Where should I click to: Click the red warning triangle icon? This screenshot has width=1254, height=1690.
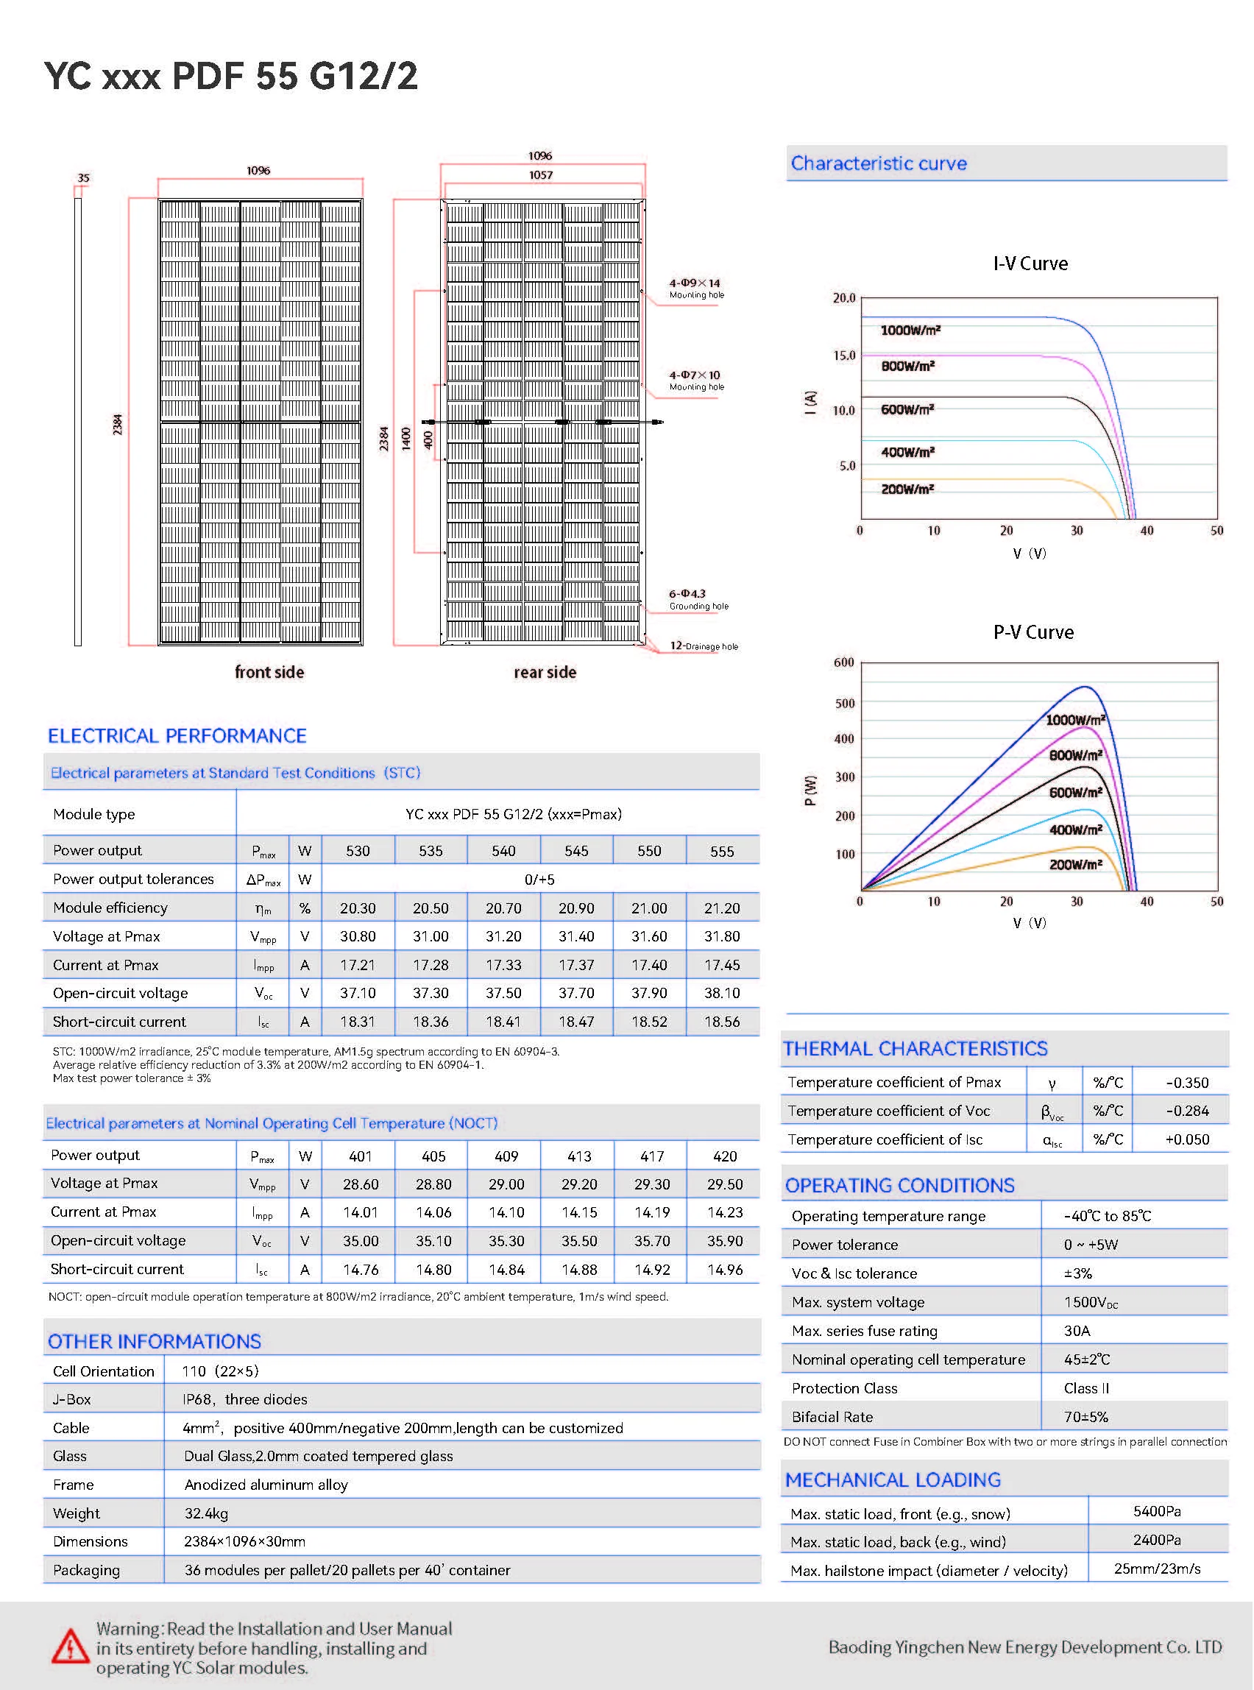(70, 1647)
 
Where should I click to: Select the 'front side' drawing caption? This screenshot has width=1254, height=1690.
(269, 672)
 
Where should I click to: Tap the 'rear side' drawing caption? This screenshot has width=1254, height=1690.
(545, 672)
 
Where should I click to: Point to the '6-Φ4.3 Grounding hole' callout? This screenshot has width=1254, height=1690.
(698, 599)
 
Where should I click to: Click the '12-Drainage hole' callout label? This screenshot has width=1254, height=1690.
(703, 646)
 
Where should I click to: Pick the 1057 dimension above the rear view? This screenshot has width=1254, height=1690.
(540, 175)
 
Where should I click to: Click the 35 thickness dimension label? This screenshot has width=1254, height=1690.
(83, 178)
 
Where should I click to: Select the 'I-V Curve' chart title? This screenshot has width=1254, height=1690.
(1030, 264)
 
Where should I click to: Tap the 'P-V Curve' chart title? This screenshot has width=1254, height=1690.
(1033, 632)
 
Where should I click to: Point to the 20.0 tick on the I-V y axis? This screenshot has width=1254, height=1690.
(843, 297)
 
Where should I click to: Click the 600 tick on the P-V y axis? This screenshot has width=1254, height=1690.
(843, 662)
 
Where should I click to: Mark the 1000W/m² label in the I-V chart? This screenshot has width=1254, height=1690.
(910, 330)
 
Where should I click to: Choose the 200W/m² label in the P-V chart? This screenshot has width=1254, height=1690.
(1075, 865)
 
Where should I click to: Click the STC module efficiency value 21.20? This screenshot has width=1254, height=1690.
(722, 908)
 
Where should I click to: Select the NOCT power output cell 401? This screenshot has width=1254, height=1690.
(361, 1156)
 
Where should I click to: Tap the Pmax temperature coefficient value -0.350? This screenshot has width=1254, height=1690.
(1186, 1083)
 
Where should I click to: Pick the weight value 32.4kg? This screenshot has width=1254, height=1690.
(206, 1513)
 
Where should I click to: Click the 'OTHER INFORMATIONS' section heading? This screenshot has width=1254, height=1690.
(154, 1342)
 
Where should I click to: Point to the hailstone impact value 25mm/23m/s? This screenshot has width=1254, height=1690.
(1157, 1569)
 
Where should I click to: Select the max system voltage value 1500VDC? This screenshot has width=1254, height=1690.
(1091, 1302)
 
